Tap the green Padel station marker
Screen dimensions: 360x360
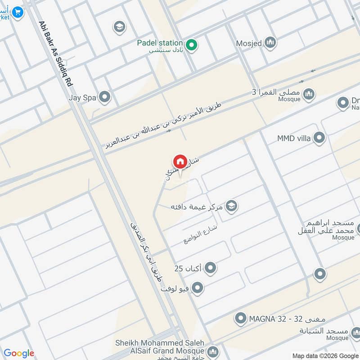[x=192, y=45]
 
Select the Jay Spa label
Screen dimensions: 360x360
[x=83, y=96]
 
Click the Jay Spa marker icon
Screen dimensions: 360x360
[x=104, y=97]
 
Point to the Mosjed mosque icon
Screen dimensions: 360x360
[x=270, y=43]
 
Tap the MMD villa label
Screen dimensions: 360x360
[x=294, y=138]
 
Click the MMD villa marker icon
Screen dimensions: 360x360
[x=319, y=138]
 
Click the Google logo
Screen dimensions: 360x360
[x=18, y=353]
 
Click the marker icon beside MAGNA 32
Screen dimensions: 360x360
[x=240, y=319]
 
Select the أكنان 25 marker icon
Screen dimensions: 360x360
[x=210, y=269]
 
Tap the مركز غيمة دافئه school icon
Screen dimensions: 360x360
[x=232, y=207]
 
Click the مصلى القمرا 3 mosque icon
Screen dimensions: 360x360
[x=308, y=94]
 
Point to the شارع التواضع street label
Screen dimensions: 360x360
[x=200, y=234]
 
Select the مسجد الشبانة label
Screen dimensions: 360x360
[x=324, y=331]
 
